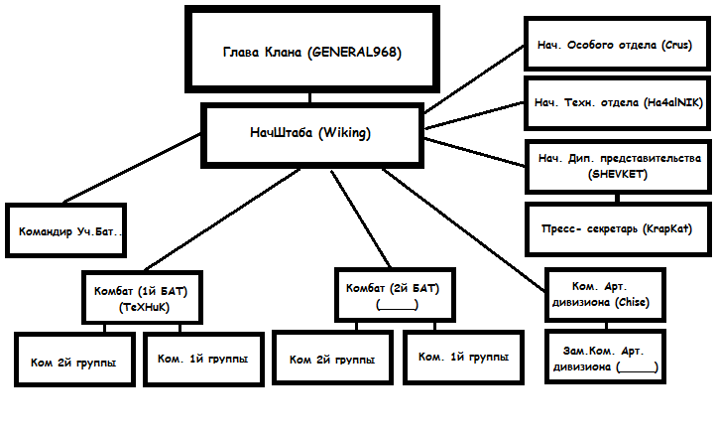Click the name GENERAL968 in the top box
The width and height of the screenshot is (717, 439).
tap(355, 53)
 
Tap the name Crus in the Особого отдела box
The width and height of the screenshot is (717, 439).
tap(676, 45)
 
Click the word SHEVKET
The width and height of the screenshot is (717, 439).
tap(617, 174)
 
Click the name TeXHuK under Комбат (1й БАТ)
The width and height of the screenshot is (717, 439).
tap(144, 307)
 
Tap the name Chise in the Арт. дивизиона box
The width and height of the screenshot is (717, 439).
tap(632, 302)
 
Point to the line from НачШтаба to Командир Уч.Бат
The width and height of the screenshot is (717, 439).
tap(132, 168)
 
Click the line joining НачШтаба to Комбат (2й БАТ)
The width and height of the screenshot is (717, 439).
tap(361, 219)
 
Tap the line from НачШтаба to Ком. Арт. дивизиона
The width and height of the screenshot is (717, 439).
tap(464, 230)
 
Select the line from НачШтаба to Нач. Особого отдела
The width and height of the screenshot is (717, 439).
tap(474, 78)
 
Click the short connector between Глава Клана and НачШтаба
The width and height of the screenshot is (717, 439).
tap(310, 97)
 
